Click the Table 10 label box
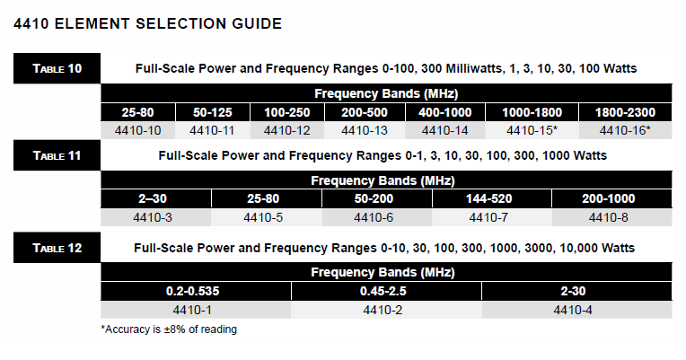[x=57, y=68]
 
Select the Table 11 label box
[x=57, y=155]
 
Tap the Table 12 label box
[x=57, y=248]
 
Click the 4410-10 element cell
[x=137, y=130]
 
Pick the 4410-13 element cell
[x=365, y=130]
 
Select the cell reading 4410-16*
[x=625, y=130]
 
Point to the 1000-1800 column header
[x=532, y=112]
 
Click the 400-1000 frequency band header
[x=445, y=112]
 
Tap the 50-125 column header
[x=213, y=112]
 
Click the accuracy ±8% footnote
[x=169, y=329]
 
